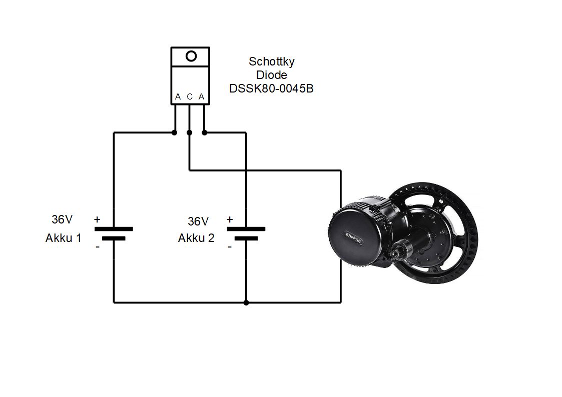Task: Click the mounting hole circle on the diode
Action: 191,56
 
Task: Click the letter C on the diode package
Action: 190,96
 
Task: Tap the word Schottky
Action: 272,61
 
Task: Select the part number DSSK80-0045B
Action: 271,88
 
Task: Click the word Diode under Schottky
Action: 272,75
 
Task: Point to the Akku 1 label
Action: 63,238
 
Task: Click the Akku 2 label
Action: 196,238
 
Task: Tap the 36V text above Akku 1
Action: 62,219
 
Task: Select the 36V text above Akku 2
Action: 198,220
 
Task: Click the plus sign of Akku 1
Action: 97,219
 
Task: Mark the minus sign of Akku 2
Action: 230,246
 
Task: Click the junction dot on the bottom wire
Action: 246,302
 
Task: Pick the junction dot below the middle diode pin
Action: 189,132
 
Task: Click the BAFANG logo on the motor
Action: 353,237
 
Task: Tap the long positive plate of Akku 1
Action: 114,228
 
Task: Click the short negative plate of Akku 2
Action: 246,238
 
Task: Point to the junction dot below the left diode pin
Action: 174,132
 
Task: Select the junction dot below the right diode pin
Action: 204,132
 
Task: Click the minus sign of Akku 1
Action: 97,246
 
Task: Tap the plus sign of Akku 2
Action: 230,219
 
